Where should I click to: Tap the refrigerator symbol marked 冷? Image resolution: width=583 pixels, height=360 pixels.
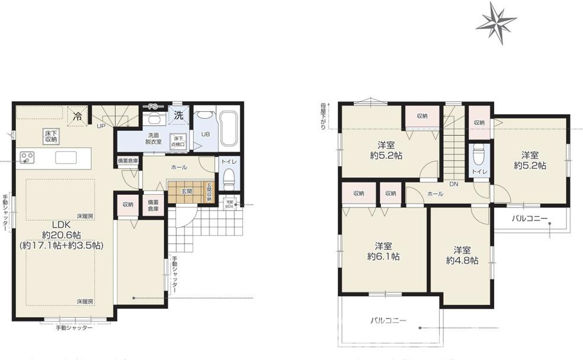pos(77,117)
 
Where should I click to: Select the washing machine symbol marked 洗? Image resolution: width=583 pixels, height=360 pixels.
pos(178,115)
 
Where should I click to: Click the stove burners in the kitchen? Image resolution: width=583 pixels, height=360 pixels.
pos(27,157)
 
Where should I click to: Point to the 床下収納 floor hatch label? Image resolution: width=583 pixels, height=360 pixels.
pos(51,136)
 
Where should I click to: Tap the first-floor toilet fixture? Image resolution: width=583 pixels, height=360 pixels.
pos(228,179)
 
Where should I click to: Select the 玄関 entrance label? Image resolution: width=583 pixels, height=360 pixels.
pos(187,191)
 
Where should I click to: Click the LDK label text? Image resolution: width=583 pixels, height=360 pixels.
pos(60,224)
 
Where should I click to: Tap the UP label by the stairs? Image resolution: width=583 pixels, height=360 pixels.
pos(102,126)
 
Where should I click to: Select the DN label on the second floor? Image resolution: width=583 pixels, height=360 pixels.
pos(453,184)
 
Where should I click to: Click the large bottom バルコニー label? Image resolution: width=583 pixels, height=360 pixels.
pos(388,320)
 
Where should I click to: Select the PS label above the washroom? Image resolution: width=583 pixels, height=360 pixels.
pos(153,107)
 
